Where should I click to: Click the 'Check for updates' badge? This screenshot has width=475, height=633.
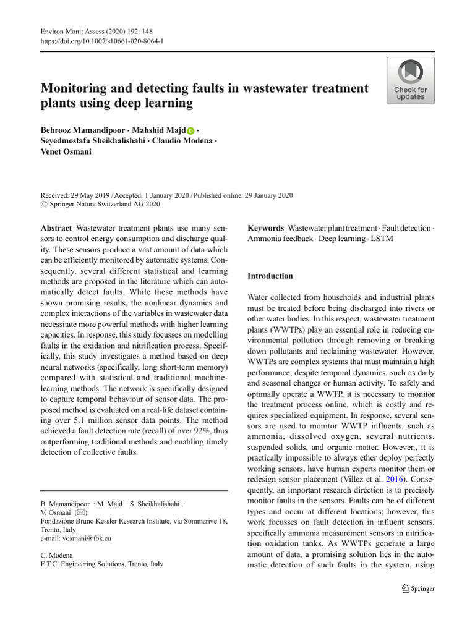tap(411, 80)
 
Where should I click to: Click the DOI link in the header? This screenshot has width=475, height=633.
tap(102, 41)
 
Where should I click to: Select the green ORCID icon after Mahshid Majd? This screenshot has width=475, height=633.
tap(190, 131)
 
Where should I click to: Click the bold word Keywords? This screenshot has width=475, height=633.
tap(265, 228)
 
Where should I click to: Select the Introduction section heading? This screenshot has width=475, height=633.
tap(270, 276)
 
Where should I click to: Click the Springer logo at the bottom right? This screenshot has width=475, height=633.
tap(418, 588)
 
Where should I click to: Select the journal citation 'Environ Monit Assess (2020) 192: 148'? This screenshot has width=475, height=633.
tap(98, 30)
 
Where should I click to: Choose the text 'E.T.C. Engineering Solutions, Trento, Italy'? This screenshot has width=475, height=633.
tap(102, 564)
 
